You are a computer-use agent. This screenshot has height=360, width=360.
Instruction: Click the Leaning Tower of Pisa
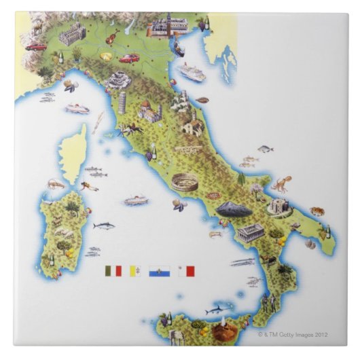point(122,103)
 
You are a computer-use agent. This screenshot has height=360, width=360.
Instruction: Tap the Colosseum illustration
point(184,182)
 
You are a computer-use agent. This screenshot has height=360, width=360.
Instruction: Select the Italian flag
point(113,270)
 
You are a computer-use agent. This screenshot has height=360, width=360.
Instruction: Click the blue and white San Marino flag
point(160,270)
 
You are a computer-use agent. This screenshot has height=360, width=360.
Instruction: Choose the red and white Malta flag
point(186,270)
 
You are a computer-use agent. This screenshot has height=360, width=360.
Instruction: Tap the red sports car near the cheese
point(129,59)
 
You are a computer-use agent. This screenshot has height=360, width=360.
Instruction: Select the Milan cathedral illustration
point(72,33)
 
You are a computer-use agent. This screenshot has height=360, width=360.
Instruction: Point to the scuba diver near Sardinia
point(88,185)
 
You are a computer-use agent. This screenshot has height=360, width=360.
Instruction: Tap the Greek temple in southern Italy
point(251,232)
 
